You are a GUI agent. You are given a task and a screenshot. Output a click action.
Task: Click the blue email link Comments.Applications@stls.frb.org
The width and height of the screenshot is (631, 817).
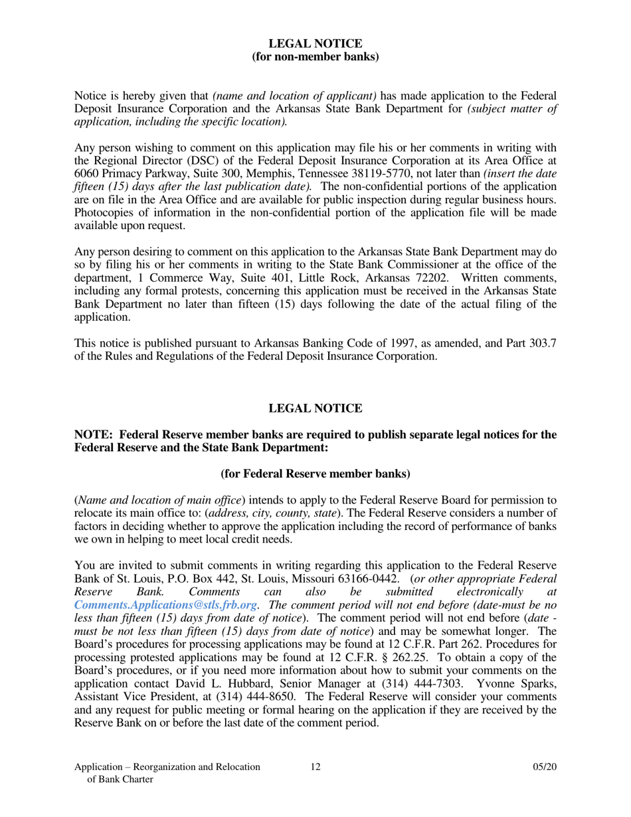coord(165,605)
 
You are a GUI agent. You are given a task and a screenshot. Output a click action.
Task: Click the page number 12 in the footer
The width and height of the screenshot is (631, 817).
coord(315,767)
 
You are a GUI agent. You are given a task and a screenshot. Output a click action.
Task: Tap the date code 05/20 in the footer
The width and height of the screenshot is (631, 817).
coord(545,767)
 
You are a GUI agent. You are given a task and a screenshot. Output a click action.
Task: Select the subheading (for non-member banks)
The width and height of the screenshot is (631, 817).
coord(315,56)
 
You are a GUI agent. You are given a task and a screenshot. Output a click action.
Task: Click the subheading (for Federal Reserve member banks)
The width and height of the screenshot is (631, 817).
coord(315,474)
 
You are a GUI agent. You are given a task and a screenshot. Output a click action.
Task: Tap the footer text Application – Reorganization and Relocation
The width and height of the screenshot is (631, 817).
coord(167,767)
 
